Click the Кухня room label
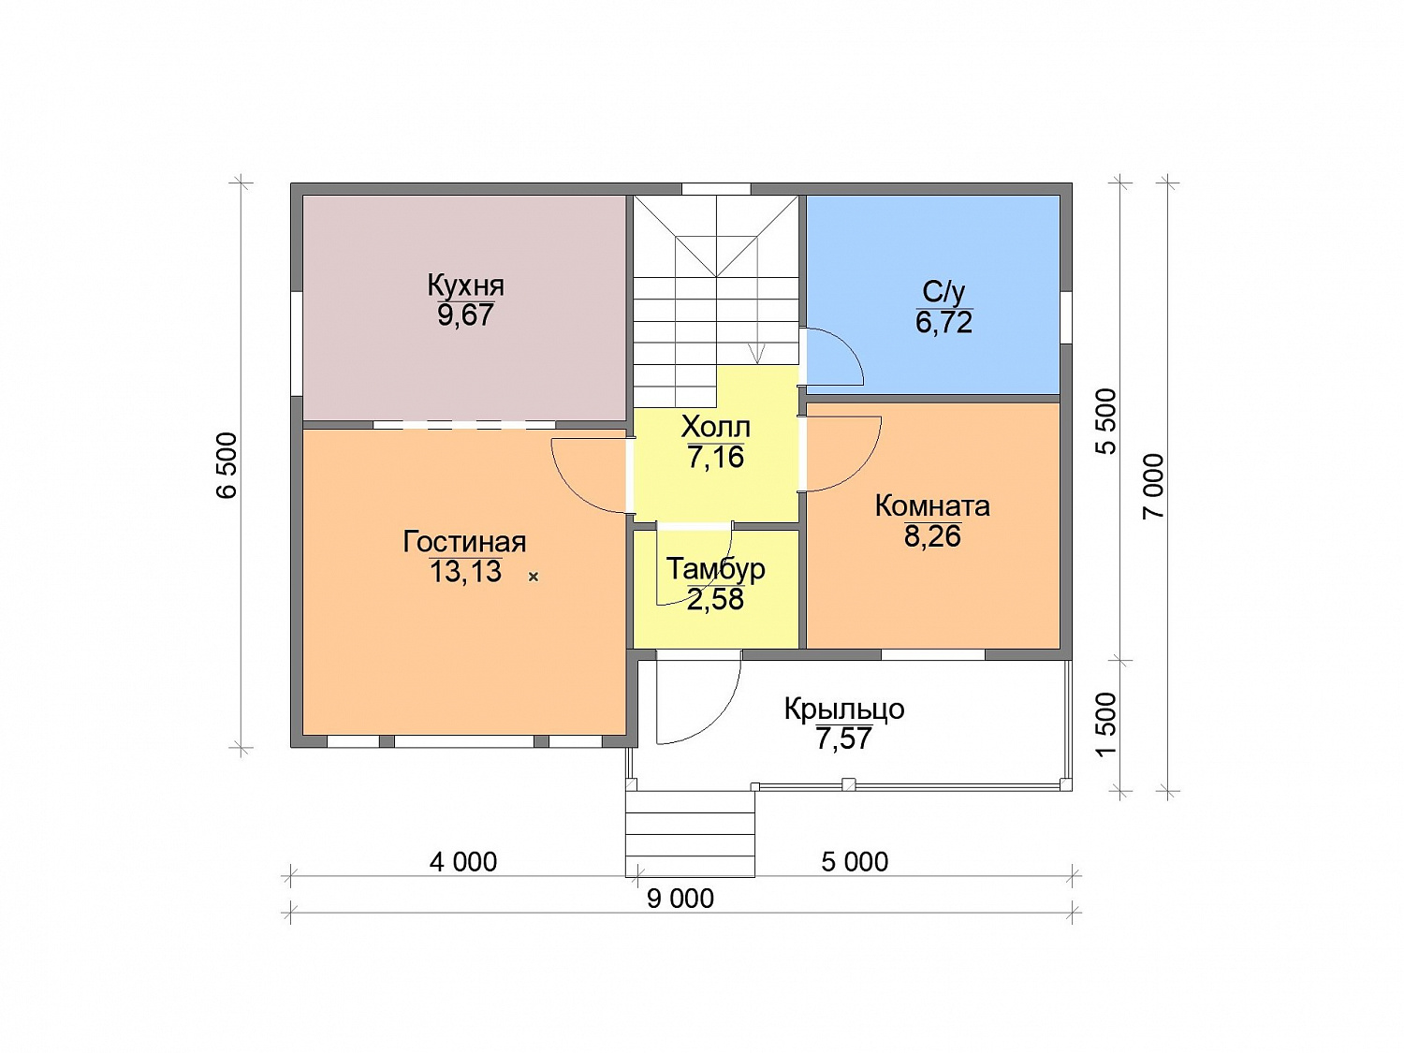coord(465,285)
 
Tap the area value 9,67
coord(465,315)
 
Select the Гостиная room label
coord(464,542)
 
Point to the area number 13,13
coord(465,571)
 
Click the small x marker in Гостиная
coord(533,577)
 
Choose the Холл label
coord(716,427)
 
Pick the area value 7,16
coord(716,457)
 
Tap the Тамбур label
coord(716,568)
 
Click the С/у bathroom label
coord(943,292)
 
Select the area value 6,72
coord(943,322)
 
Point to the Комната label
coord(932,506)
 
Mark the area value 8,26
coord(932,535)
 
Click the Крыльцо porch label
coord(844,709)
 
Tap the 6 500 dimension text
coord(227,465)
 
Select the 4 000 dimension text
coord(463,862)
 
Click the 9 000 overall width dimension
coord(680,899)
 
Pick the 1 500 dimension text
coord(1106,724)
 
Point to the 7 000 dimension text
coord(1154,487)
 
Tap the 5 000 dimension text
coord(855,862)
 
